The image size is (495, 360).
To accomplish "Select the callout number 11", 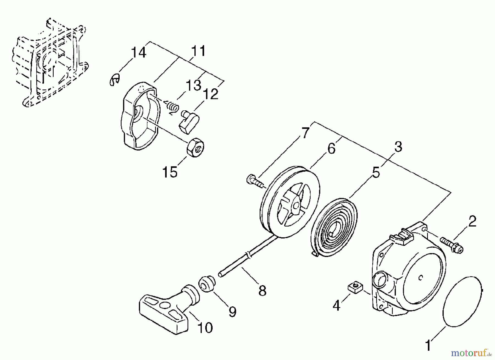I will click(x=198, y=51).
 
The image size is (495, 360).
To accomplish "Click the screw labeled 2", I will click(x=452, y=244).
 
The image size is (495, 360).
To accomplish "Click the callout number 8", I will click(x=262, y=291).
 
